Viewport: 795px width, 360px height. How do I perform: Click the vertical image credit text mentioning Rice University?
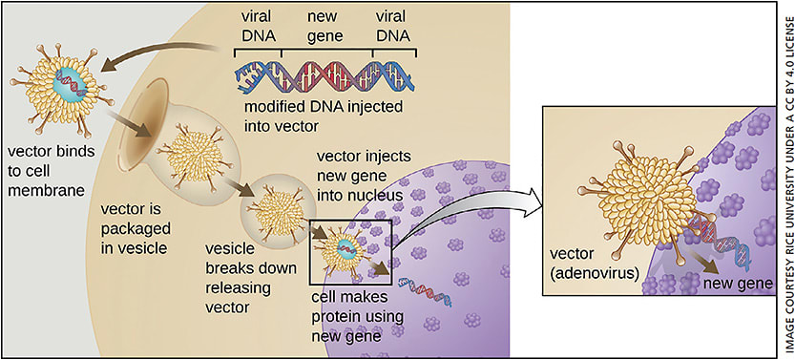click(783, 180)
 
